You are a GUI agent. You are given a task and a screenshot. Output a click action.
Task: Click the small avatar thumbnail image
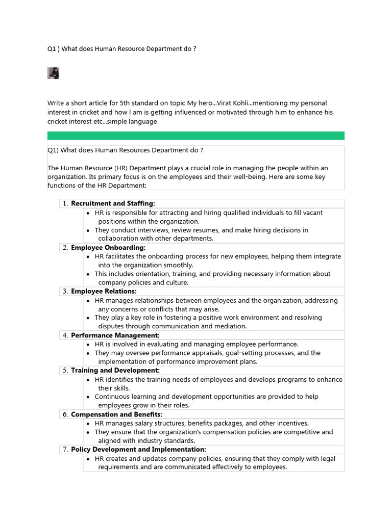(x=54, y=73)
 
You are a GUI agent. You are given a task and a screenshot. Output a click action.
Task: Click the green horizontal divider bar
(x=195, y=135)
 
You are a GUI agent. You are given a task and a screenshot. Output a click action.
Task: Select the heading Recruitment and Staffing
(x=113, y=203)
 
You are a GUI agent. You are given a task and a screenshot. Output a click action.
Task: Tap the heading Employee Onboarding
(x=108, y=247)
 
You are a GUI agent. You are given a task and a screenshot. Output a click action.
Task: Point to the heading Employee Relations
(x=104, y=291)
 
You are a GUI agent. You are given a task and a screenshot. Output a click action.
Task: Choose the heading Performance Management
(x=115, y=335)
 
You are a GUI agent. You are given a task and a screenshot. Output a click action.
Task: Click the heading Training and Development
(x=115, y=370)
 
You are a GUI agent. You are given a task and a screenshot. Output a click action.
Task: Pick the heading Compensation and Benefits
(x=116, y=414)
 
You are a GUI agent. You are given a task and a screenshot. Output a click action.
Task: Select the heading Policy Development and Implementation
(x=138, y=449)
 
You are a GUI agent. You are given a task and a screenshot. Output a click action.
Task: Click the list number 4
(x=65, y=335)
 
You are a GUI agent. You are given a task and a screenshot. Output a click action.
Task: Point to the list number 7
(x=65, y=449)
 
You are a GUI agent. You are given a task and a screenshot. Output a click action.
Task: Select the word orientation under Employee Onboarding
(x=153, y=274)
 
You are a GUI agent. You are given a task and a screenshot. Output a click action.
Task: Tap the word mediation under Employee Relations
(x=229, y=326)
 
